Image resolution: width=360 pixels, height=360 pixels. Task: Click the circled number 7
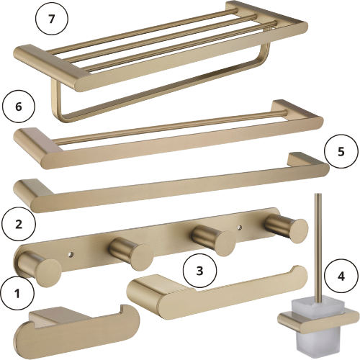pyautogui.click(x=52, y=19)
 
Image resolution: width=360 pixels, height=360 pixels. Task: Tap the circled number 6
pyautogui.click(x=19, y=107)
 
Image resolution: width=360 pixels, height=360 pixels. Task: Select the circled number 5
pyautogui.click(x=341, y=152)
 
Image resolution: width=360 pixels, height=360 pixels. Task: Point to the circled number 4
pyautogui.click(x=341, y=276)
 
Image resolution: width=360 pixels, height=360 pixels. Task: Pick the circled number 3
pyautogui.click(x=199, y=271)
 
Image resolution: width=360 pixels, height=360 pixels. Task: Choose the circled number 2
pyautogui.click(x=19, y=224)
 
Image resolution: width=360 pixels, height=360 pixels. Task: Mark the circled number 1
pyautogui.click(x=17, y=293)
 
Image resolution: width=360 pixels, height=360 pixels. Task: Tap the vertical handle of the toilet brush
pyautogui.click(x=318, y=247)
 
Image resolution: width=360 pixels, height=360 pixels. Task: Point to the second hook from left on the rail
pyautogui.click(x=131, y=255)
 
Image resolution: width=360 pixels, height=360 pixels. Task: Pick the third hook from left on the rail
pyautogui.click(x=214, y=240)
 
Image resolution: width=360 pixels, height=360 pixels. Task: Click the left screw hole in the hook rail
pyautogui.click(x=71, y=255)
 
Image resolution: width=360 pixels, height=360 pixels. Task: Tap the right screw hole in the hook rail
pyautogui.click(x=240, y=227)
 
